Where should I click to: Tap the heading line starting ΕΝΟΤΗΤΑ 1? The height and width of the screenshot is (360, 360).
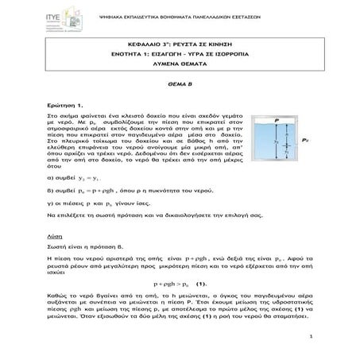(x=180, y=69)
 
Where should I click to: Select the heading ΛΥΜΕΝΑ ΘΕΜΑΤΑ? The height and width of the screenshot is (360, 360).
(x=180, y=79)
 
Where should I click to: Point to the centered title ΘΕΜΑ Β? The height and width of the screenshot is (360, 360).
(x=180, y=104)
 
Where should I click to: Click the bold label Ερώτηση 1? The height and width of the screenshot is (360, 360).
(x=66, y=126)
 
